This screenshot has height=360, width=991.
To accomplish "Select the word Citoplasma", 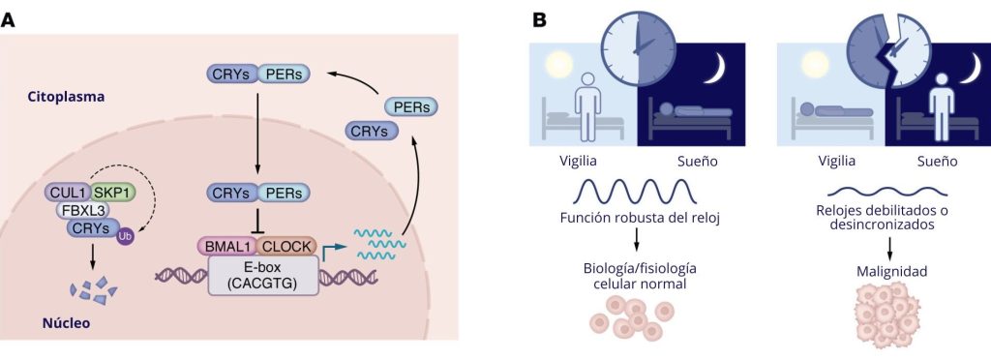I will point(67,98).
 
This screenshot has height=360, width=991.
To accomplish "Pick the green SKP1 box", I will point(113,192).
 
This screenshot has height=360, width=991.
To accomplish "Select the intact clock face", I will point(636,46).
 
